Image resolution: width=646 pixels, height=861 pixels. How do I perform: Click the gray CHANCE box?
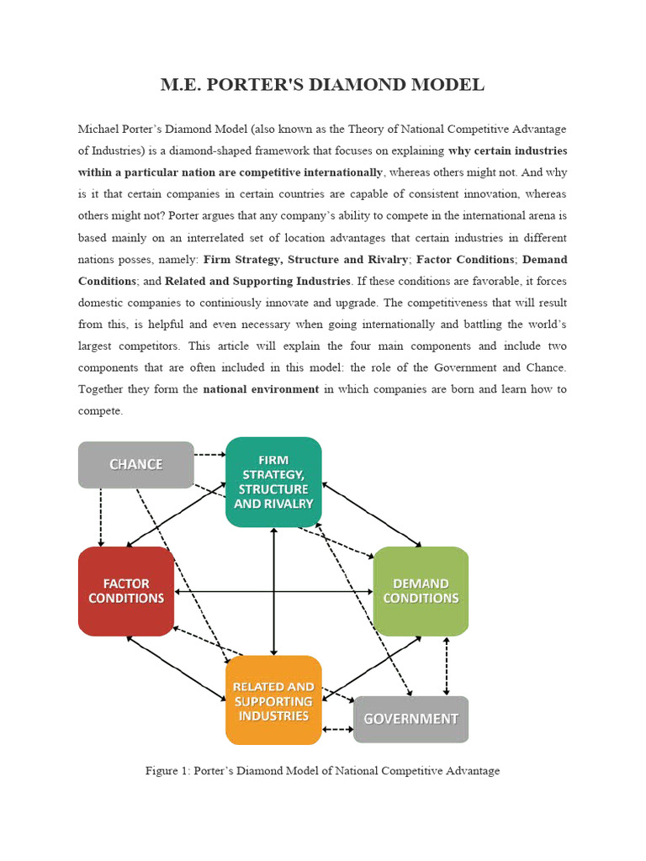coord(135,464)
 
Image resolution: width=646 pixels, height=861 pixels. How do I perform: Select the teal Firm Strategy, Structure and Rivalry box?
coord(273,482)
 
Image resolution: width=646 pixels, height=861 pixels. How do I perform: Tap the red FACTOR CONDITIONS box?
coord(126,591)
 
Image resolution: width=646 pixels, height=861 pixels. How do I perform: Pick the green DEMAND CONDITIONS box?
coord(421,591)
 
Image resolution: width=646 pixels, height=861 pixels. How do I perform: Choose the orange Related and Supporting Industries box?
coord(273,700)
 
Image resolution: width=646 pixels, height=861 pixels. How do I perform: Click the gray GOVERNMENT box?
coord(410,719)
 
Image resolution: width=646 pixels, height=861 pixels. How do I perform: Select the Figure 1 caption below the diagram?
coord(322,770)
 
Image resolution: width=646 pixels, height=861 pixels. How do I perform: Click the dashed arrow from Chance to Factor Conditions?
coord(101,517)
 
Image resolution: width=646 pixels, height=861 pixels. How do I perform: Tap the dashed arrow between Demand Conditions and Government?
coord(447,666)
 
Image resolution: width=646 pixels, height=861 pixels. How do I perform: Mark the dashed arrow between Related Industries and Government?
coord(337,729)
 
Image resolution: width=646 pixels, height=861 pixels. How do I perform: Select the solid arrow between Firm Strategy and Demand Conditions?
coord(372,515)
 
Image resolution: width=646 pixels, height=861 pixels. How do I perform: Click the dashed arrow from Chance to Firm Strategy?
coord(210,455)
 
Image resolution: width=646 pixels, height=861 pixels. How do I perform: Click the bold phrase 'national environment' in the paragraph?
coord(261,389)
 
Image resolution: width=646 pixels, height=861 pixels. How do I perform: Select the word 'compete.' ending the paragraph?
coord(100,411)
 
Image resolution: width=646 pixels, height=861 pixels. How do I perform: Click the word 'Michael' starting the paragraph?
coord(99,129)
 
